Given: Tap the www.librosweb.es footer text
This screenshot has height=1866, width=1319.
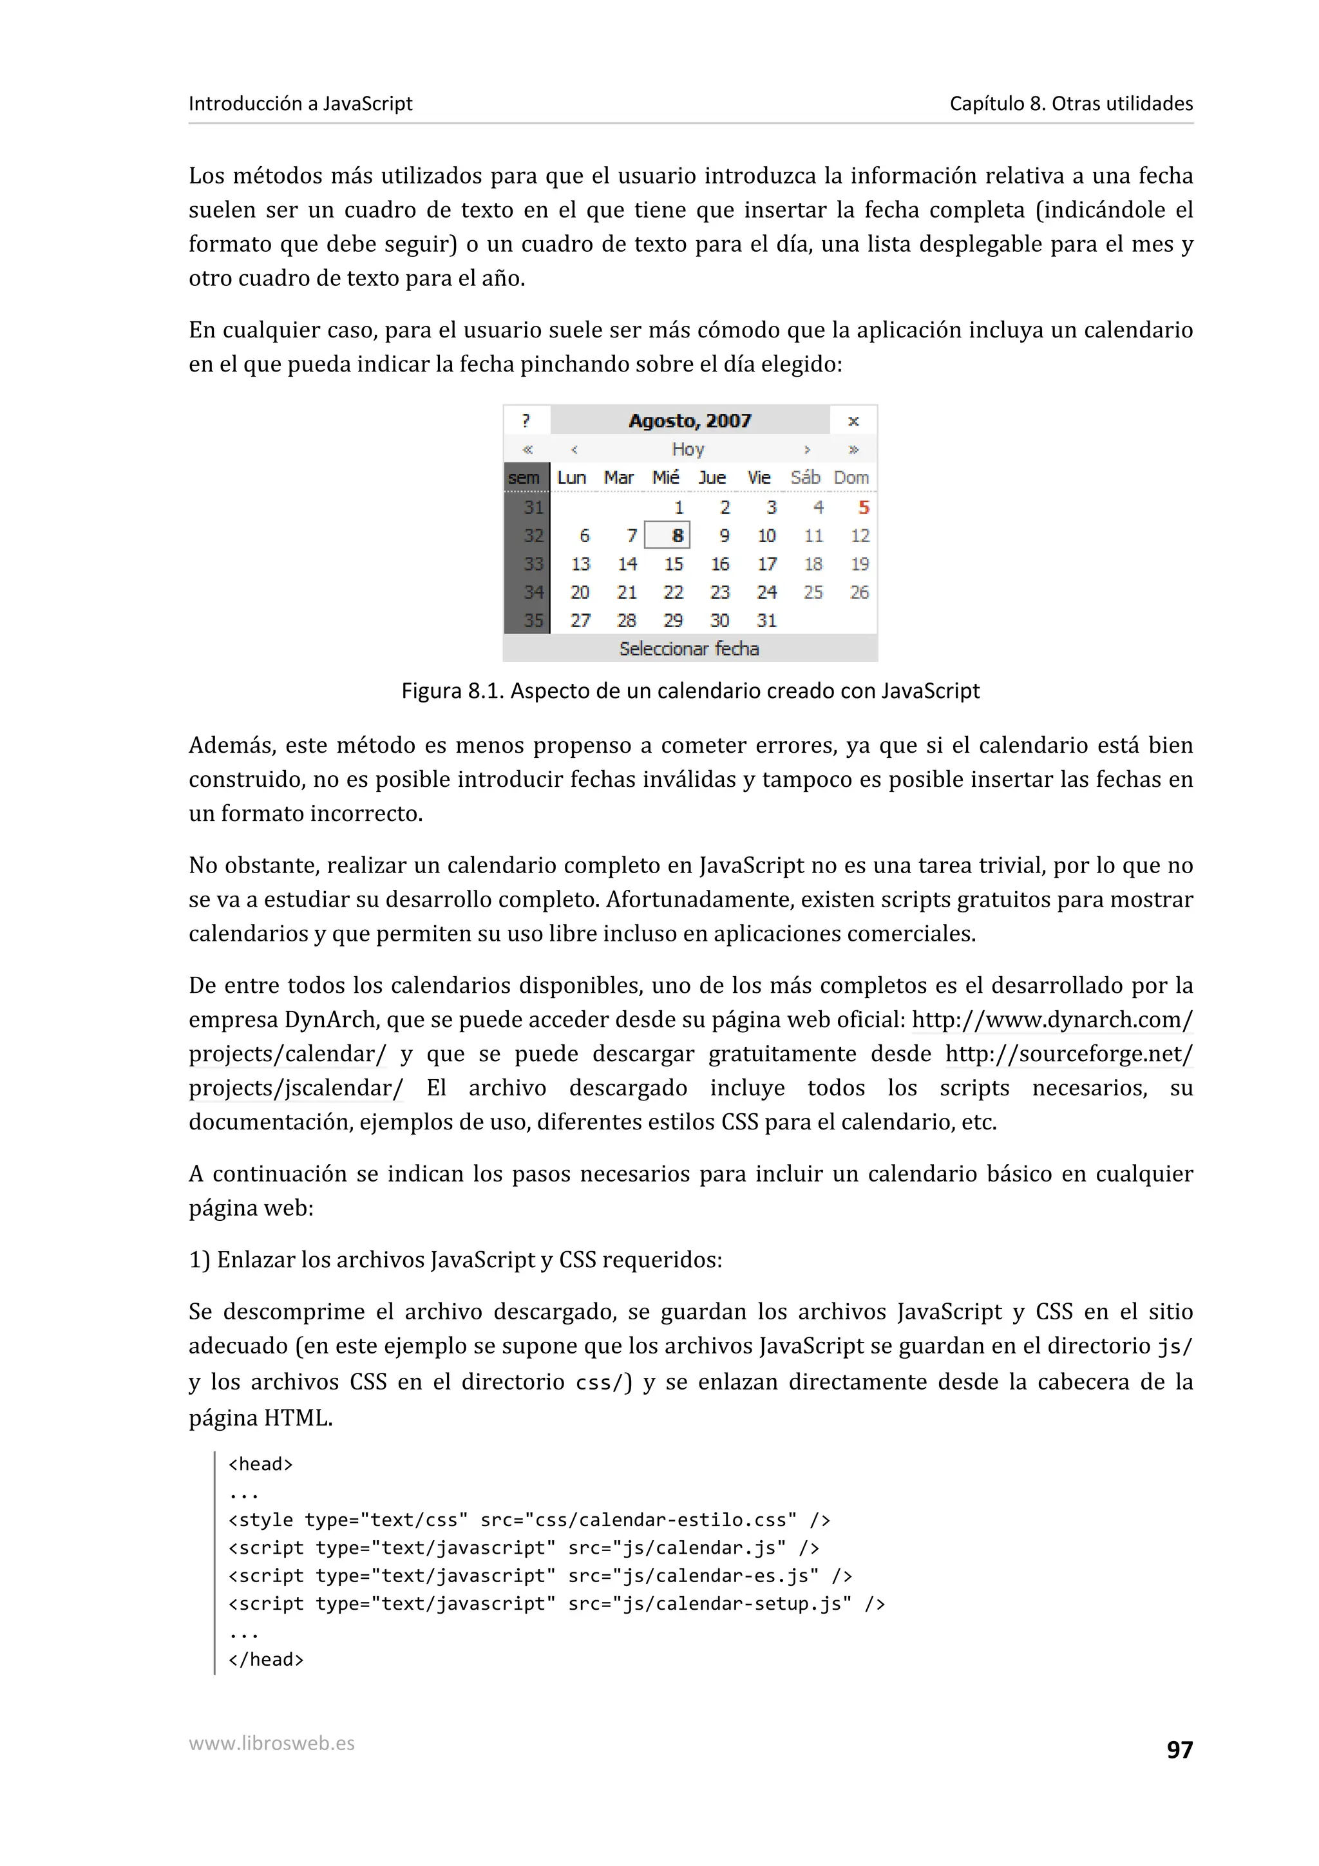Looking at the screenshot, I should (271, 1742).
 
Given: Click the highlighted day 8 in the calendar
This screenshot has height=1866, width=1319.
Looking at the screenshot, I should (668, 536).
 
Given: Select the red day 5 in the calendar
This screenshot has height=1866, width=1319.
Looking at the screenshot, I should (863, 507).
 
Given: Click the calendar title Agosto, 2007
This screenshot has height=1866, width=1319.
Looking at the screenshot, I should (689, 420).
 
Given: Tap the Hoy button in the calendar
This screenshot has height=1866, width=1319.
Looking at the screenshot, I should (688, 449).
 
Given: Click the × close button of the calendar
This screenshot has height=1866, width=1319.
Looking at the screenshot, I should (853, 420).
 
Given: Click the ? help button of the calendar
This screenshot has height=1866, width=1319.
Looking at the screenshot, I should (526, 420).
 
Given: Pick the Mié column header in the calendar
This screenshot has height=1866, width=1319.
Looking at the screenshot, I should (665, 477).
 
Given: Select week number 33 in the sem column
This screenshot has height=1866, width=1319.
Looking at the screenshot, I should (533, 564).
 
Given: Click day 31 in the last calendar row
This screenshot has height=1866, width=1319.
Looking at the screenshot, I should (766, 620).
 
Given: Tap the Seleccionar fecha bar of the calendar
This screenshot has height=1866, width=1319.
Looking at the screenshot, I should (689, 648).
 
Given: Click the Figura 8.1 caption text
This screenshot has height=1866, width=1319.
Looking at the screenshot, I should (690, 691).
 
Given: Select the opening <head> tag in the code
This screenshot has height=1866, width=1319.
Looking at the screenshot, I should (260, 1464).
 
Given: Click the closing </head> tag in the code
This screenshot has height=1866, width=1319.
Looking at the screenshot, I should (266, 1659).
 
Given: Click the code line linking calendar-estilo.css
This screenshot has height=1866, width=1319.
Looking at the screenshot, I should (529, 1520).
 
